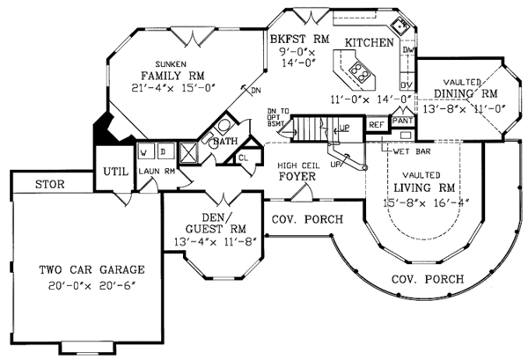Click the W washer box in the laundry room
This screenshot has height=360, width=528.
143,151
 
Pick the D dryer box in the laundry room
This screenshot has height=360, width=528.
163,151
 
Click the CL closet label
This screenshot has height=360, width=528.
244,158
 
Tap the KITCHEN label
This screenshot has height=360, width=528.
369,41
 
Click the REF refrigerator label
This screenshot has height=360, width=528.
376,126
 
